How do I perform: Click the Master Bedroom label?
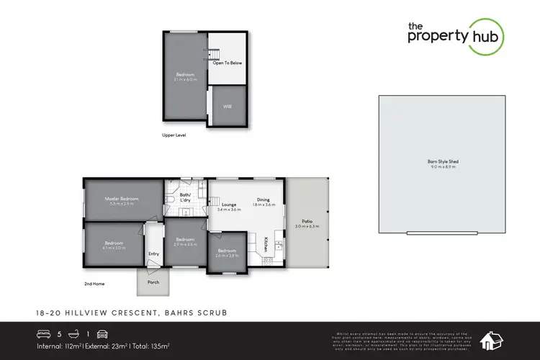pos(121,199)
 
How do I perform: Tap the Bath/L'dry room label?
pos(184,197)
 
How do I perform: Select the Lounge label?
pos(230,205)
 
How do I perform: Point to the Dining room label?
pos(264,199)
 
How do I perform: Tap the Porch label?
pos(153,282)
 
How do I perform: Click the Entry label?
pos(153,253)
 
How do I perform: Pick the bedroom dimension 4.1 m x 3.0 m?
pos(114,248)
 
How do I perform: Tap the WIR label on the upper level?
pos(227,107)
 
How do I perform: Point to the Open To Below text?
pos(227,63)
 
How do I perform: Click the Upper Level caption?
pos(174,135)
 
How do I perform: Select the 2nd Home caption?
pos(94,284)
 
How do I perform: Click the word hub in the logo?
pos(486,37)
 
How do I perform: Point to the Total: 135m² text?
pos(151,345)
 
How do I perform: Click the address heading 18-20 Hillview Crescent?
pos(81,313)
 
